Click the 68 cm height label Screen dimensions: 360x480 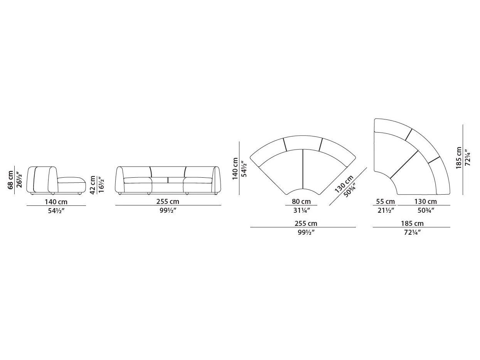tap(11, 180)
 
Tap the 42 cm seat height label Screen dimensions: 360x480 tap(93, 185)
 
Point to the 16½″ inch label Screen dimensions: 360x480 tap(101, 185)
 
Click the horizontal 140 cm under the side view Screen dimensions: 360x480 tap(56, 202)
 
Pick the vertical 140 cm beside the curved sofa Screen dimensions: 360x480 tap(235, 168)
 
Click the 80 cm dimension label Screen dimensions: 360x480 tap(301, 202)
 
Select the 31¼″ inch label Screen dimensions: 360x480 tap(301, 210)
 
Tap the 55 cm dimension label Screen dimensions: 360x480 tap(385, 202)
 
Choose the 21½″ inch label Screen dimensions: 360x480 tap(385, 210)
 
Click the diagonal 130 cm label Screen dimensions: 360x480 tap(344, 184)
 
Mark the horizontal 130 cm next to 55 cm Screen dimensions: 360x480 tap(426, 202)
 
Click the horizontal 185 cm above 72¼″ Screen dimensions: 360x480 tap(412, 224)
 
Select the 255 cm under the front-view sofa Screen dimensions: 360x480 tap(168, 202)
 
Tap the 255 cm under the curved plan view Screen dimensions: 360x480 tap(306, 224)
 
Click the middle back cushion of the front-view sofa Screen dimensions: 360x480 tap(168, 172)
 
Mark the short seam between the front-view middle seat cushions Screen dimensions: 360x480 tap(168, 180)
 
